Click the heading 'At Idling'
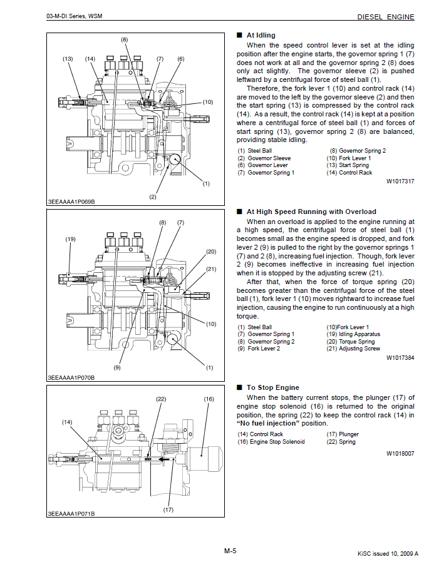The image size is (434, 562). [261, 35]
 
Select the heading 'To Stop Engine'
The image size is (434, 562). [272, 387]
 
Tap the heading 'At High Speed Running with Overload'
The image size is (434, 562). [311, 212]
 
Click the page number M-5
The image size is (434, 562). [230, 550]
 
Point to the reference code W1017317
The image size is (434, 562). [400, 181]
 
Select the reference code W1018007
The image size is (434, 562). [400, 452]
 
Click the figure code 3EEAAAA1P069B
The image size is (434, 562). [71, 202]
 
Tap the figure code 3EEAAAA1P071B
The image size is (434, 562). [71, 514]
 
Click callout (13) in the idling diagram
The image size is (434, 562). [68, 59]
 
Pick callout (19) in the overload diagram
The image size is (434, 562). [70, 239]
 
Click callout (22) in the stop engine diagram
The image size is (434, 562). [160, 399]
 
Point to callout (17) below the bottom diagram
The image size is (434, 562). [168, 510]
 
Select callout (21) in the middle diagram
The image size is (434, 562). [210, 269]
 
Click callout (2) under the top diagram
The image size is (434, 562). [152, 197]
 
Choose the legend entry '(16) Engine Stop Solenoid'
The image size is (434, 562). [271, 442]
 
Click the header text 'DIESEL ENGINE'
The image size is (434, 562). [385, 17]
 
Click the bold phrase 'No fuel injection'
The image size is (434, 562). [271, 424]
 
